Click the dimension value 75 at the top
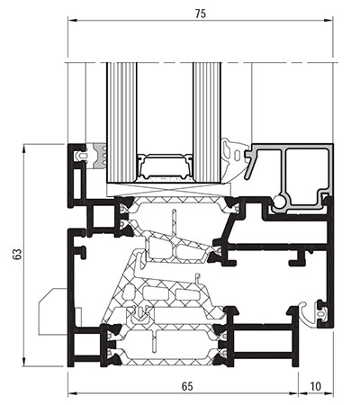(x=201, y=13)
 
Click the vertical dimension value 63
(x=17, y=255)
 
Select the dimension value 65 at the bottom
(x=187, y=386)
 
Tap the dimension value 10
(x=315, y=386)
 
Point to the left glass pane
(x=121, y=122)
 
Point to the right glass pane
(x=207, y=122)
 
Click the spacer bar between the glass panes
(x=165, y=168)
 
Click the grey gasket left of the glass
(x=100, y=156)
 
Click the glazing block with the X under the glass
(x=168, y=190)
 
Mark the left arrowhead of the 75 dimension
(x=72, y=21)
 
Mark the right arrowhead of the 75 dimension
(x=328, y=21)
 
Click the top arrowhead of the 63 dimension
(x=23, y=149)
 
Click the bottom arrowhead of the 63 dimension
(x=23, y=362)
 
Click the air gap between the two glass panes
(x=165, y=108)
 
